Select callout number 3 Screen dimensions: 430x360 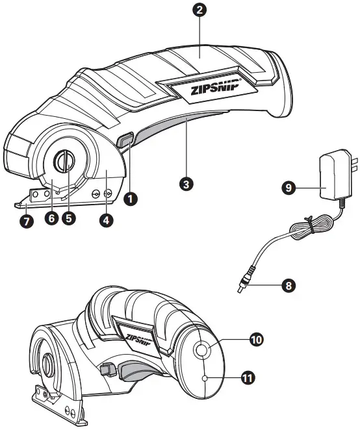[186, 184]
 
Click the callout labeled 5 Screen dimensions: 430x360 [69, 218]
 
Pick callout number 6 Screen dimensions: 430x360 [50, 218]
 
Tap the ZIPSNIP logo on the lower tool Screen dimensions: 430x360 [138, 339]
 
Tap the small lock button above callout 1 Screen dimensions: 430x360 [125, 141]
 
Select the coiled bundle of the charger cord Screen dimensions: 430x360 [316, 225]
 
